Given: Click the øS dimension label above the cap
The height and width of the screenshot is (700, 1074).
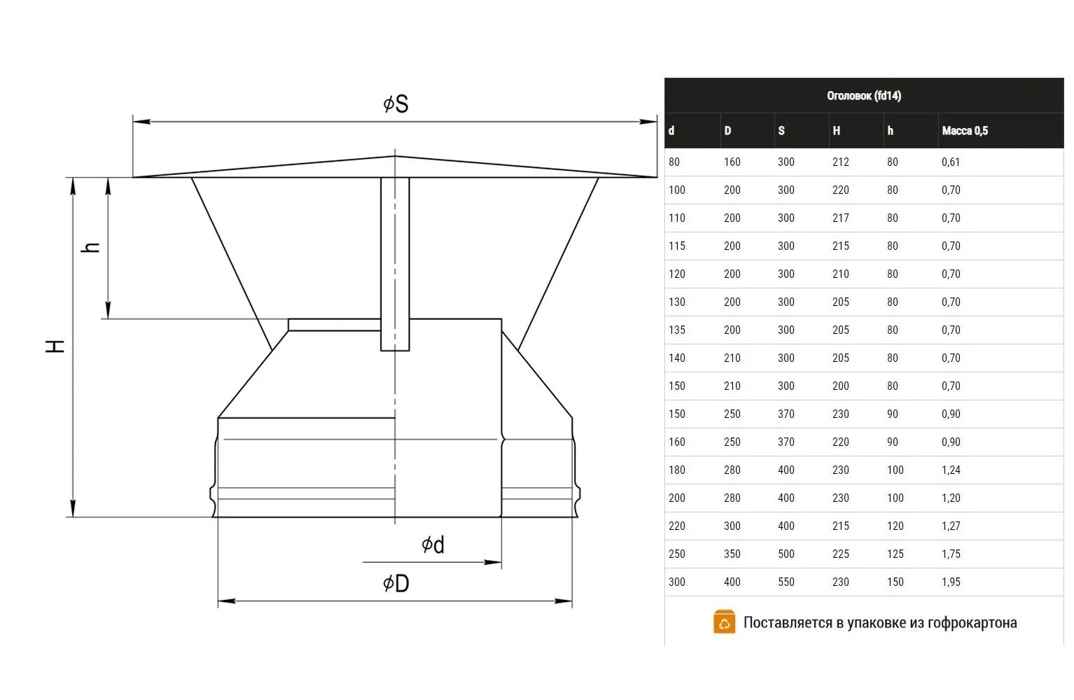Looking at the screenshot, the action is coord(396,104).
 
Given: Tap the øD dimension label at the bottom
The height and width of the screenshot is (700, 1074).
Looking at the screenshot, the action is coord(396,583).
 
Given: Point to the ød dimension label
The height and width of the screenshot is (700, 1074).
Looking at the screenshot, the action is coord(433,545).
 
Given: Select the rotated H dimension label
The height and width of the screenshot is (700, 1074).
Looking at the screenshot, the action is coord(55,346).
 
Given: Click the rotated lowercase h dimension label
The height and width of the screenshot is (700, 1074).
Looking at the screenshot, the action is coord(90,247).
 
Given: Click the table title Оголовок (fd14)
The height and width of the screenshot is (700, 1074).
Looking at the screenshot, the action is coord(864,96).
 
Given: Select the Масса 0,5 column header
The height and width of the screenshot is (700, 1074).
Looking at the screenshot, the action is coord(965,130).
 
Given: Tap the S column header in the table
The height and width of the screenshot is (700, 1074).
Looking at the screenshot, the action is coord(781,130).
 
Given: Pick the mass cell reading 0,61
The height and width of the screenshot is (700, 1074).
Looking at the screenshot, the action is coord(951,162).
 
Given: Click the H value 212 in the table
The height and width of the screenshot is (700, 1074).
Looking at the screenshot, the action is coord(840,162).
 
